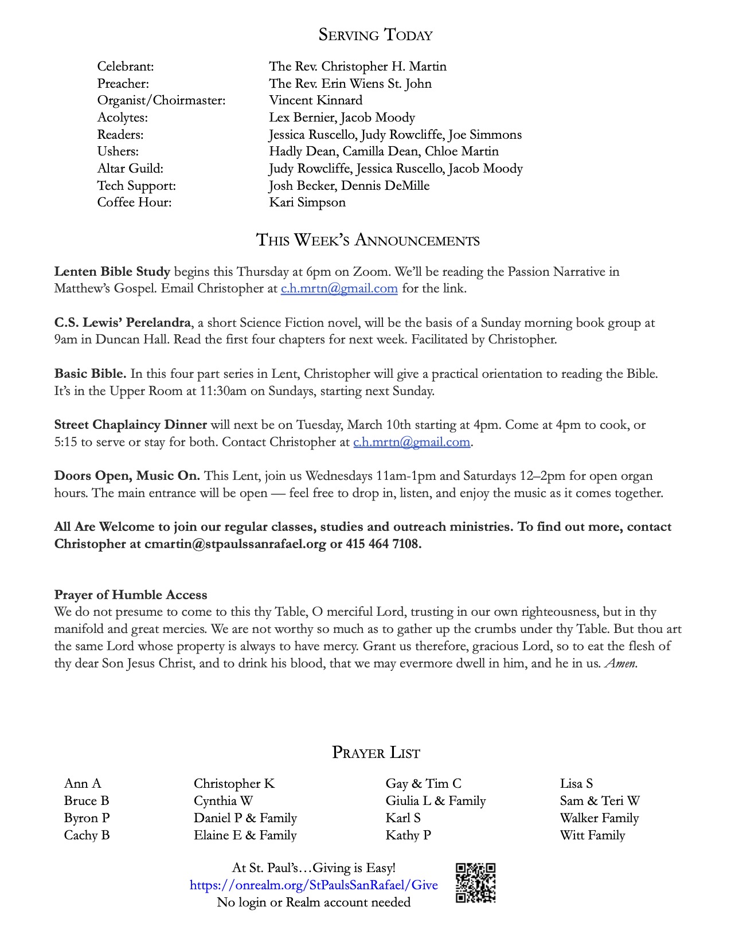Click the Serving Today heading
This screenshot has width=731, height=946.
[376, 35]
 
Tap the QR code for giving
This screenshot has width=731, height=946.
[475, 883]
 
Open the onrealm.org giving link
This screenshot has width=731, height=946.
[314, 885]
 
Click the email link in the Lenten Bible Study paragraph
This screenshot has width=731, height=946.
[339, 288]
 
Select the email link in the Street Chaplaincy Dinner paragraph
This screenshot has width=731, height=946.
[412, 442]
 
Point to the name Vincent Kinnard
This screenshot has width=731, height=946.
[315, 100]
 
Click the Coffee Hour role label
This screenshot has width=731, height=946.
[134, 202]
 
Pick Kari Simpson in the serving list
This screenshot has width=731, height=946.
[307, 202]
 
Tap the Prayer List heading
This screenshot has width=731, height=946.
[376, 753]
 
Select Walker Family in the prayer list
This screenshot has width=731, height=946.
[599, 818]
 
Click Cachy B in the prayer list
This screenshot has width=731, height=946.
[87, 835]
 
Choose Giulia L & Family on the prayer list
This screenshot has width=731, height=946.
[435, 801]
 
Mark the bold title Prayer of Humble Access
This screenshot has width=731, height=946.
[131, 595]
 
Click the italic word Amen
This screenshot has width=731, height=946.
[620, 663]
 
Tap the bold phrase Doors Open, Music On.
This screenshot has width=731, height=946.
[127, 476]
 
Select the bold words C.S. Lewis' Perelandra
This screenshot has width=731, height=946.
[123, 323]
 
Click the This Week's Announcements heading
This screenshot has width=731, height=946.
[368, 240]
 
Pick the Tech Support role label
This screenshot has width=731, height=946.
[136, 186]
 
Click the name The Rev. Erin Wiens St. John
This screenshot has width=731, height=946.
[350, 84]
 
